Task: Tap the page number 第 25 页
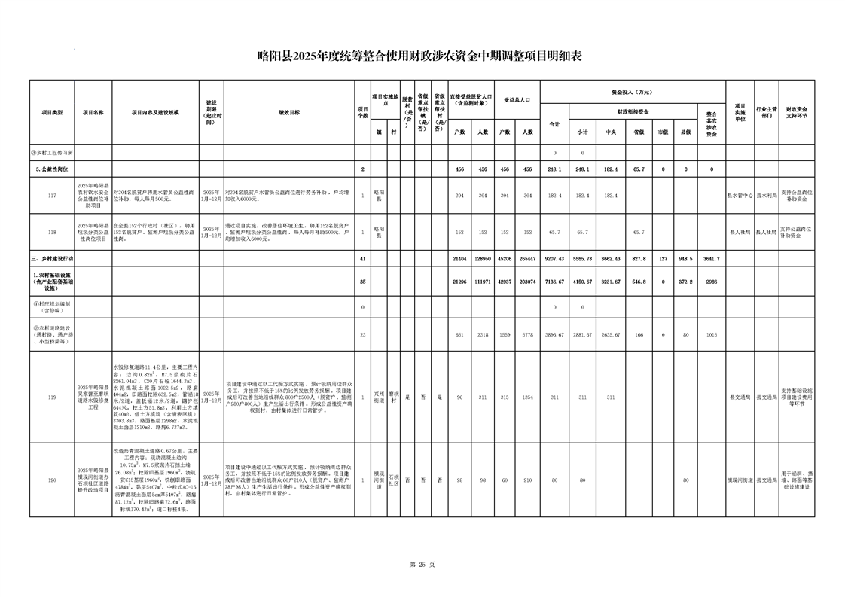(422, 564)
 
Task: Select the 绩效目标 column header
(289, 112)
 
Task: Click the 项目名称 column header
(93, 112)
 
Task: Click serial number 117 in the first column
(52, 196)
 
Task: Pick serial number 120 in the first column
(52, 480)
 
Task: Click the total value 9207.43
(554, 258)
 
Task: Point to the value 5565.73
(582, 258)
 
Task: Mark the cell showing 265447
(527, 258)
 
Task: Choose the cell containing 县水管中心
(740, 196)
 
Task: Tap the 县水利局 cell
(767, 196)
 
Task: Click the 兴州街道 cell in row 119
(379, 397)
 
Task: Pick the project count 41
(363, 258)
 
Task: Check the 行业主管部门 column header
(767, 112)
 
